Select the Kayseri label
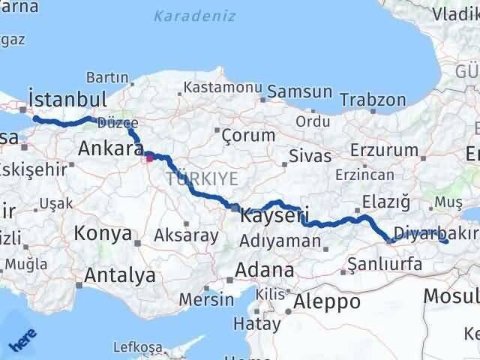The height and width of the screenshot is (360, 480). coord(274,217)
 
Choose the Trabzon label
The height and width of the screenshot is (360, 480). coord(373,100)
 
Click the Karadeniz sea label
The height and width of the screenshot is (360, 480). coord(194,16)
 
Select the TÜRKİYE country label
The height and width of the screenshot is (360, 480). coord(202,178)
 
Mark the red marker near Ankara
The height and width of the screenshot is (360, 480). coord(149,157)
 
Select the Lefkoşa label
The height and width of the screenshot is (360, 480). coord(137,346)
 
